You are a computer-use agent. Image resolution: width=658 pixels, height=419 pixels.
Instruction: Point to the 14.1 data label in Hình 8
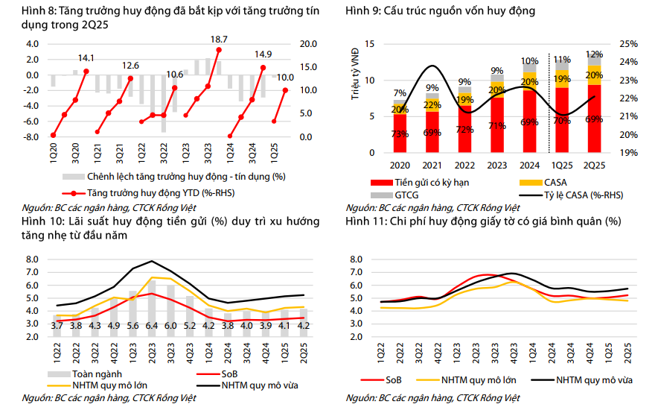pyautogui.click(x=86, y=57)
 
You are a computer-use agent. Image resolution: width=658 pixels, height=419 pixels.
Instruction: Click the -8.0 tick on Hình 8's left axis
pyautogui.click(x=31, y=137)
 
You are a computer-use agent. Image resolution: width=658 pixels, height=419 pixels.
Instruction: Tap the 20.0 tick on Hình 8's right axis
pyautogui.click(x=306, y=43)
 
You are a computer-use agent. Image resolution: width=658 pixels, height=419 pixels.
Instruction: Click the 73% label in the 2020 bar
pyautogui.click(x=400, y=134)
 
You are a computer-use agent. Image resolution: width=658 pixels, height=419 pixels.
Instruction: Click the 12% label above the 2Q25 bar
pyautogui.click(x=594, y=54)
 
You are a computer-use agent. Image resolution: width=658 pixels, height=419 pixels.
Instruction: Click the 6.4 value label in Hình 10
pyautogui.click(x=152, y=326)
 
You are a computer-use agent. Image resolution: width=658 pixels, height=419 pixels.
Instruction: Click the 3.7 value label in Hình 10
pyautogui.click(x=57, y=326)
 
